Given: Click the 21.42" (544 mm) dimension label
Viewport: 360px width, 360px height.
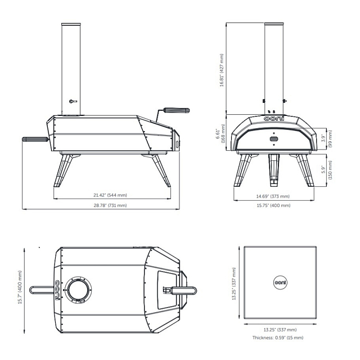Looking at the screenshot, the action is pyautogui.click(x=110, y=195).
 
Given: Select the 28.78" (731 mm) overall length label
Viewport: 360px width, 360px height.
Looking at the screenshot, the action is pyautogui.click(x=110, y=205).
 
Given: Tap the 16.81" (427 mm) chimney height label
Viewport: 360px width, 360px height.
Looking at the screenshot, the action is pyautogui.click(x=222, y=70).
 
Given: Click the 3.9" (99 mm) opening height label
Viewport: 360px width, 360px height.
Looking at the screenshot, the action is pyautogui.click(x=327, y=138).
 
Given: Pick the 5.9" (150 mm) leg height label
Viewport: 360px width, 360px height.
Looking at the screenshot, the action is pyautogui.click(x=327, y=170).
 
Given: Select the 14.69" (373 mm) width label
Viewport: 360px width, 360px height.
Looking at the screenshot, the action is pyautogui.click(x=273, y=196).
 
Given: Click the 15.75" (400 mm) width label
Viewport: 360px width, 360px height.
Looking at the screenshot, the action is pyautogui.click(x=273, y=205).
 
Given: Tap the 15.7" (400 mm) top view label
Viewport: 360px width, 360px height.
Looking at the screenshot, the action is pyautogui.click(x=20, y=287).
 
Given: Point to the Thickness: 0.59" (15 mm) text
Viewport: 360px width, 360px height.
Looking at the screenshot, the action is pyautogui.click(x=278, y=337).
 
